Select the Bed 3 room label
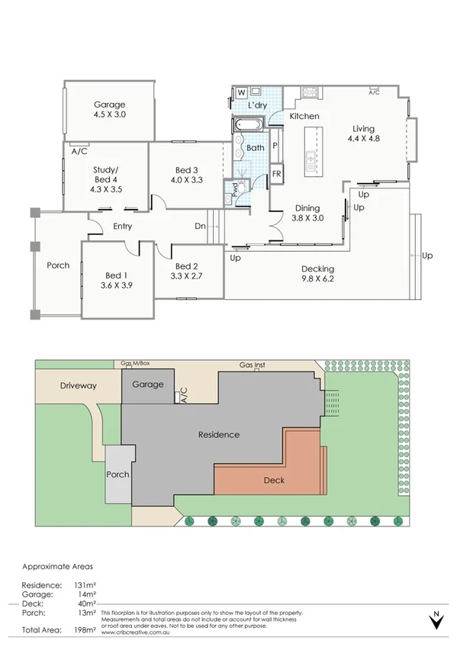coord(187,175)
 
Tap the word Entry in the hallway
coord(123,226)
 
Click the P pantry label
coord(275,144)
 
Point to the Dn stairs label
coord(200,226)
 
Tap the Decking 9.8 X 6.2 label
coord(317,274)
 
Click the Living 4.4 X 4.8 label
coord(363,134)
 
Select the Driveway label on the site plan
coord(79,386)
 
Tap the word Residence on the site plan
coord(219,435)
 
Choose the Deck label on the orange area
coord(274,481)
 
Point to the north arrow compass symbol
coord(436,621)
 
